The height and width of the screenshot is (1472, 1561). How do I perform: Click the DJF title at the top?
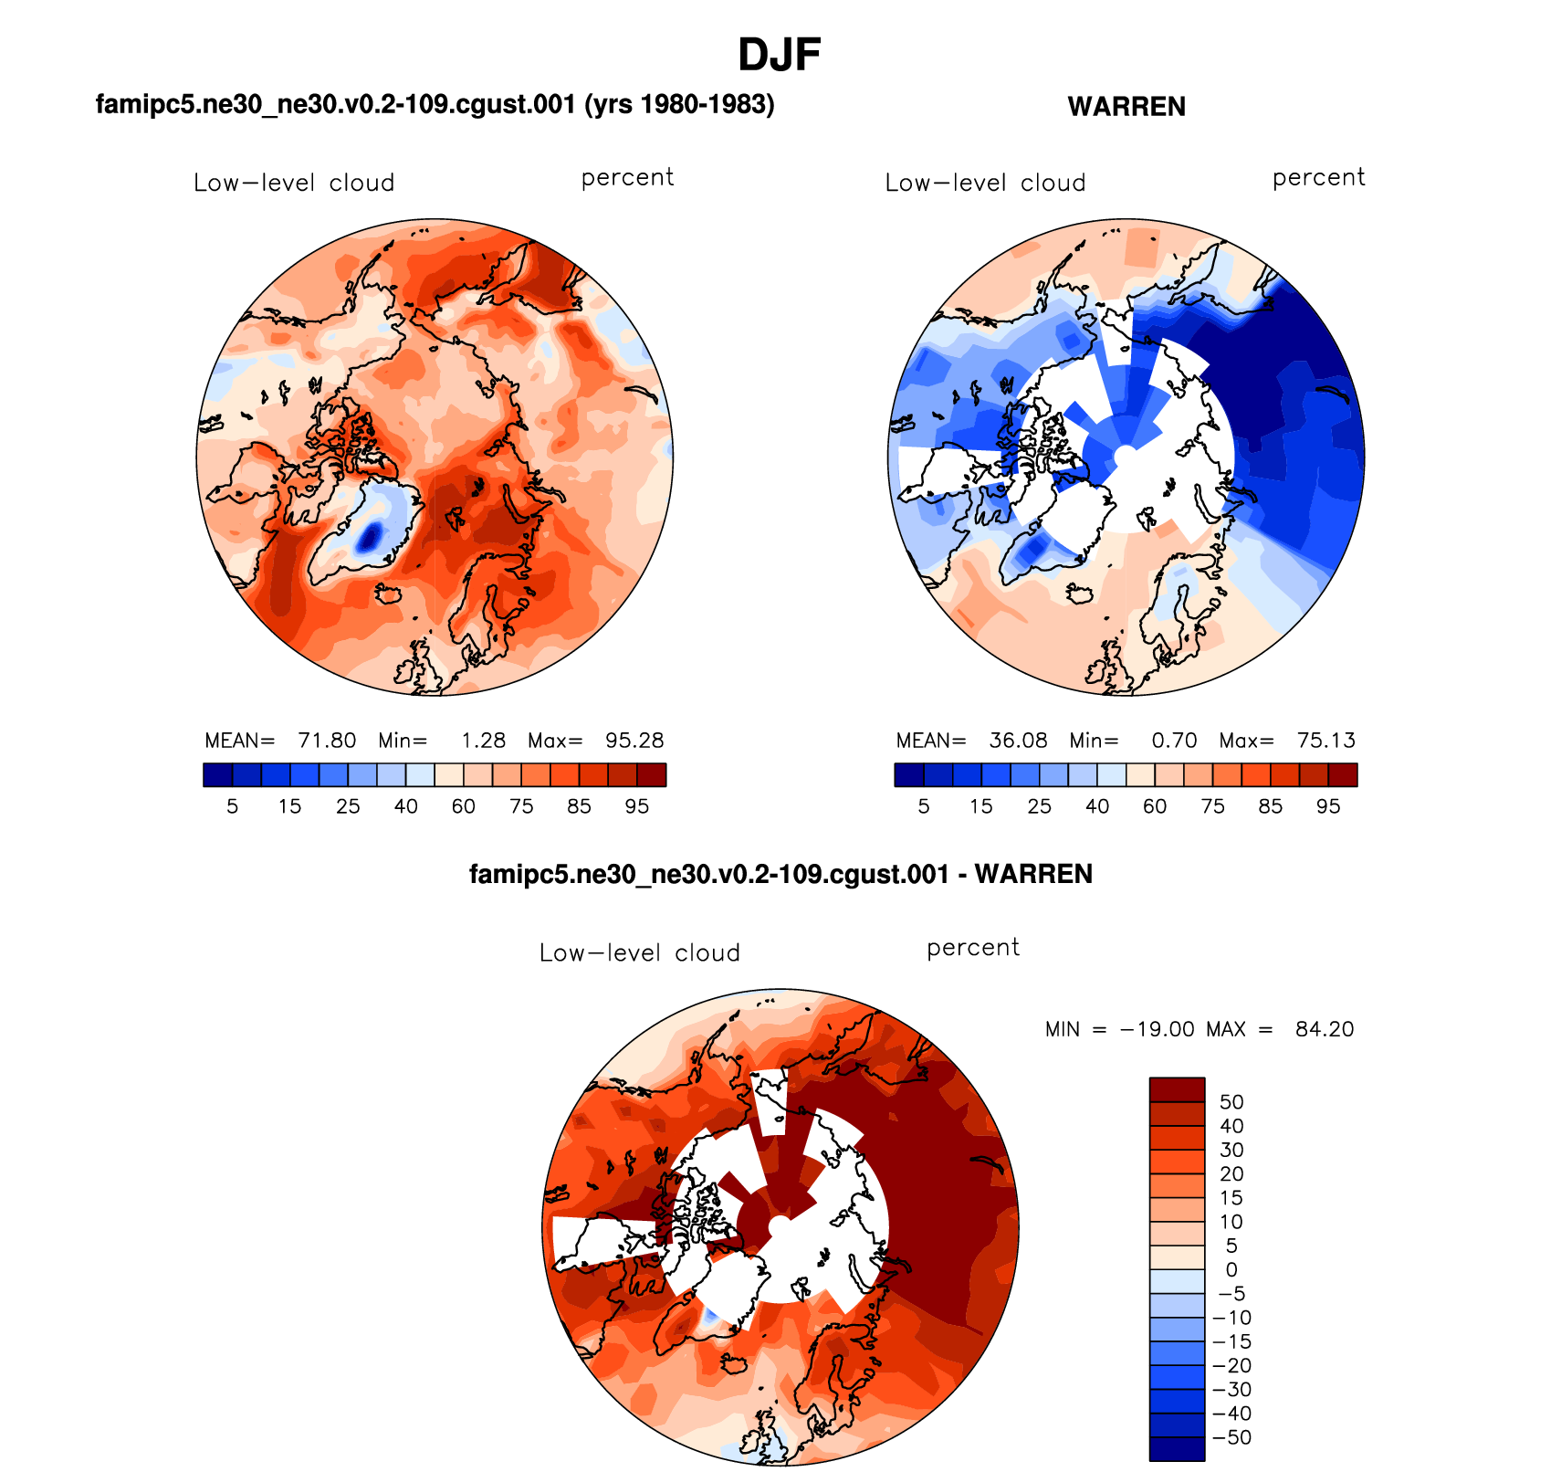tap(779, 55)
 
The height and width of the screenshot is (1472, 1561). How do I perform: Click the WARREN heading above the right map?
tap(1126, 107)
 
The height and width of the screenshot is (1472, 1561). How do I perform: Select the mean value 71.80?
tap(327, 741)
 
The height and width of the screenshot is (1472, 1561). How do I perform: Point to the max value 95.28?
tap(634, 741)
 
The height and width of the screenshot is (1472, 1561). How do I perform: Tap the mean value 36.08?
tap(1018, 741)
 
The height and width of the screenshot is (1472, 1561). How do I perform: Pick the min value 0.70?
tap(1174, 741)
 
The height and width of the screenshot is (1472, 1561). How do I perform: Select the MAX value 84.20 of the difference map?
tap(1324, 1029)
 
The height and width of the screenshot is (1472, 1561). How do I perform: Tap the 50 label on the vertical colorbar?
tap(1231, 1102)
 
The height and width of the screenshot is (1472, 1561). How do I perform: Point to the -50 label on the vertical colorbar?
tap(1231, 1437)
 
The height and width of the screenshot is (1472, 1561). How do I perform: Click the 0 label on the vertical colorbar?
tap(1231, 1270)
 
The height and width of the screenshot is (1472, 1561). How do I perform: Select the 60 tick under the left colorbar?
tap(464, 806)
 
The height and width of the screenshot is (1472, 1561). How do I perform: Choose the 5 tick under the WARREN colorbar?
tap(924, 806)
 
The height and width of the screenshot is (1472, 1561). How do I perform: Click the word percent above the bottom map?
tap(973, 948)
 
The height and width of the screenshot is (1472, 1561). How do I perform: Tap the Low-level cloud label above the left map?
tap(294, 183)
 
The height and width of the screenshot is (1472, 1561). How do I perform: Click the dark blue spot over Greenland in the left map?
tap(369, 537)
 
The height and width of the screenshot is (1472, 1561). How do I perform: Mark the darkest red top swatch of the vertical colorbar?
tap(1177, 1089)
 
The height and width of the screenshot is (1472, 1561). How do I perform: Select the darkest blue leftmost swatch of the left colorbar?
tap(218, 774)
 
